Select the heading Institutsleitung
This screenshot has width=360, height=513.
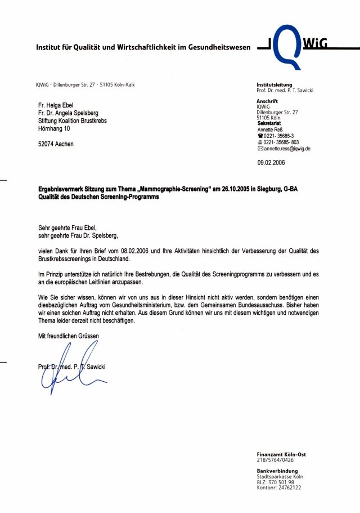(x=274, y=85)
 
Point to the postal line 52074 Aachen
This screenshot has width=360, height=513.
(x=56, y=144)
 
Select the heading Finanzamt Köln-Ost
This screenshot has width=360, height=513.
(x=281, y=454)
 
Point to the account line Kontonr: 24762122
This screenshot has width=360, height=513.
(x=279, y=488)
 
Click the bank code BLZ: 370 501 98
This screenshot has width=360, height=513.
(x=276, y=482)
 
